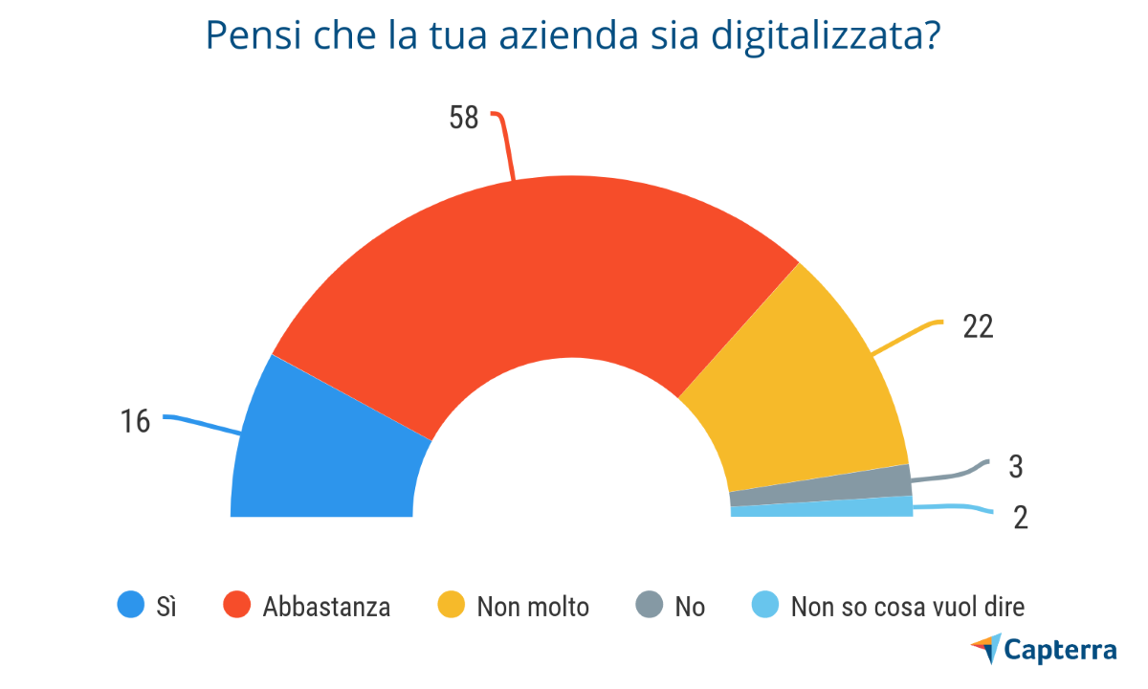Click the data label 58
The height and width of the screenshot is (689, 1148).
coord(464,118)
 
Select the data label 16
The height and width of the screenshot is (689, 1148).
coord(136,421)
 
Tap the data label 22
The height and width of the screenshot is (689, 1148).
coord(978,327)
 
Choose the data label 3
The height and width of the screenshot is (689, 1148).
coord(1016,467)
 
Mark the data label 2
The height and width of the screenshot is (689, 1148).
coord(1020,517)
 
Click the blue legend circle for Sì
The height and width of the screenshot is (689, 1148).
coord(130,606)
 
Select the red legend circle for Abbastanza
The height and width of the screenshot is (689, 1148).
coord(236,606)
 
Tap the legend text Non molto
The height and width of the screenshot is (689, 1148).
coord(533,607)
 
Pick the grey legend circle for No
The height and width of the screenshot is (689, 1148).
coord(648,606)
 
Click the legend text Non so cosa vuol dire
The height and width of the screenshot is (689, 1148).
coord(907,607)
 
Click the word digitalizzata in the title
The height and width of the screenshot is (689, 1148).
coord(826,38)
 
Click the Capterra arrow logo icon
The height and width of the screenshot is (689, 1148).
coord(986,648)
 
